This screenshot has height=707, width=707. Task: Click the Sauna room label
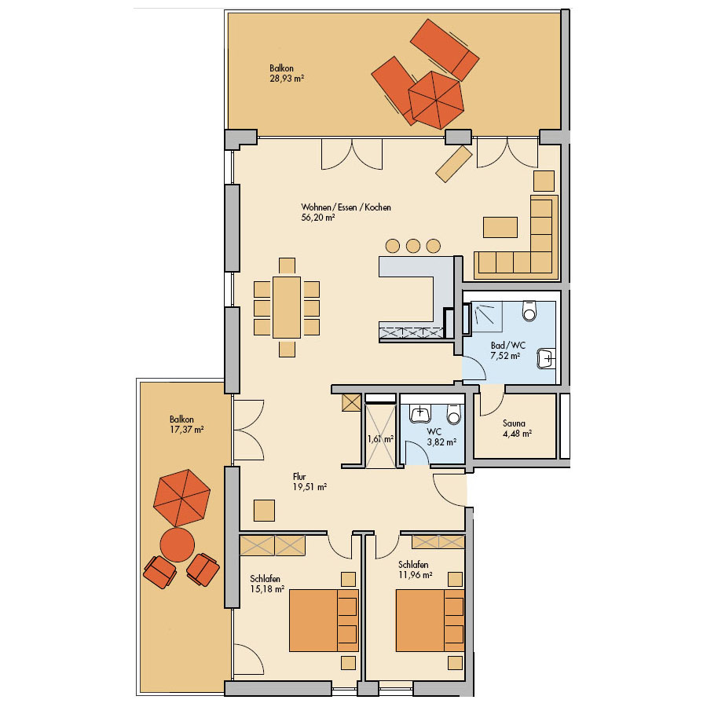click(x=514, y=423)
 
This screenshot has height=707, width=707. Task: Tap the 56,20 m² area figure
click(x=318, y=218)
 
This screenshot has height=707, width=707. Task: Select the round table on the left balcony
click(x=178, y=544)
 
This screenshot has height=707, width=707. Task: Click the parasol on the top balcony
click(x=436, y=100)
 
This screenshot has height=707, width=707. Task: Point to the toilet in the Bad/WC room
click(x=529, y=310)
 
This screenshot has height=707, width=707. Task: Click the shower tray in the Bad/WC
click(x=487, y=317)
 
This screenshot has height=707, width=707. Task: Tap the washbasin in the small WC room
click(x=420, y=413)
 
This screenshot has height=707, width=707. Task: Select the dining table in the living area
click(x=287, y=307)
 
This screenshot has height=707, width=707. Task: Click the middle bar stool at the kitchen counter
click(x=413, y=246)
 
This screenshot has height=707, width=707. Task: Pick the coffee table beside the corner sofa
click(x=500, y=227)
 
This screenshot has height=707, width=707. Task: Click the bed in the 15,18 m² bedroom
click(x=324, y=620)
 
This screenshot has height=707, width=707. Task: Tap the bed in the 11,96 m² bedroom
click(x=430, y=620)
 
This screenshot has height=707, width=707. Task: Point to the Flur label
click(x=299, y=477)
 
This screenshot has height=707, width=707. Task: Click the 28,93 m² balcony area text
click(x=287, y=79)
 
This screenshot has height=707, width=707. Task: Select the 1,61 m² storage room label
click(x=380, y=438)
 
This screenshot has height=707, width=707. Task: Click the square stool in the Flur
click(x=264, y=511)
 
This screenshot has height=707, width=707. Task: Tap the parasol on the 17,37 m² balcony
click(x=181, y=498)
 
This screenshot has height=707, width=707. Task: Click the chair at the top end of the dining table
click(x=287, y=266)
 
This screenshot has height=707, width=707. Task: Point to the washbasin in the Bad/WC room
click(x=546, y=359)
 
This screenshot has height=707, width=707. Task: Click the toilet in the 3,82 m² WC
click(x=454, y=414)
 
